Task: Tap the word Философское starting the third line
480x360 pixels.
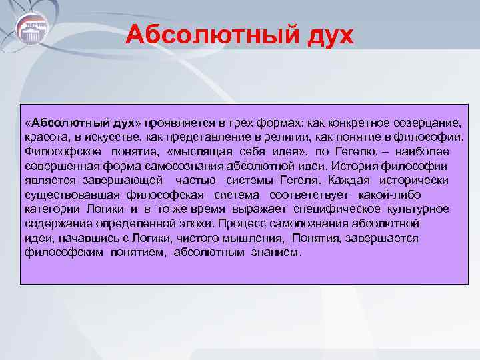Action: coord(59,152)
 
